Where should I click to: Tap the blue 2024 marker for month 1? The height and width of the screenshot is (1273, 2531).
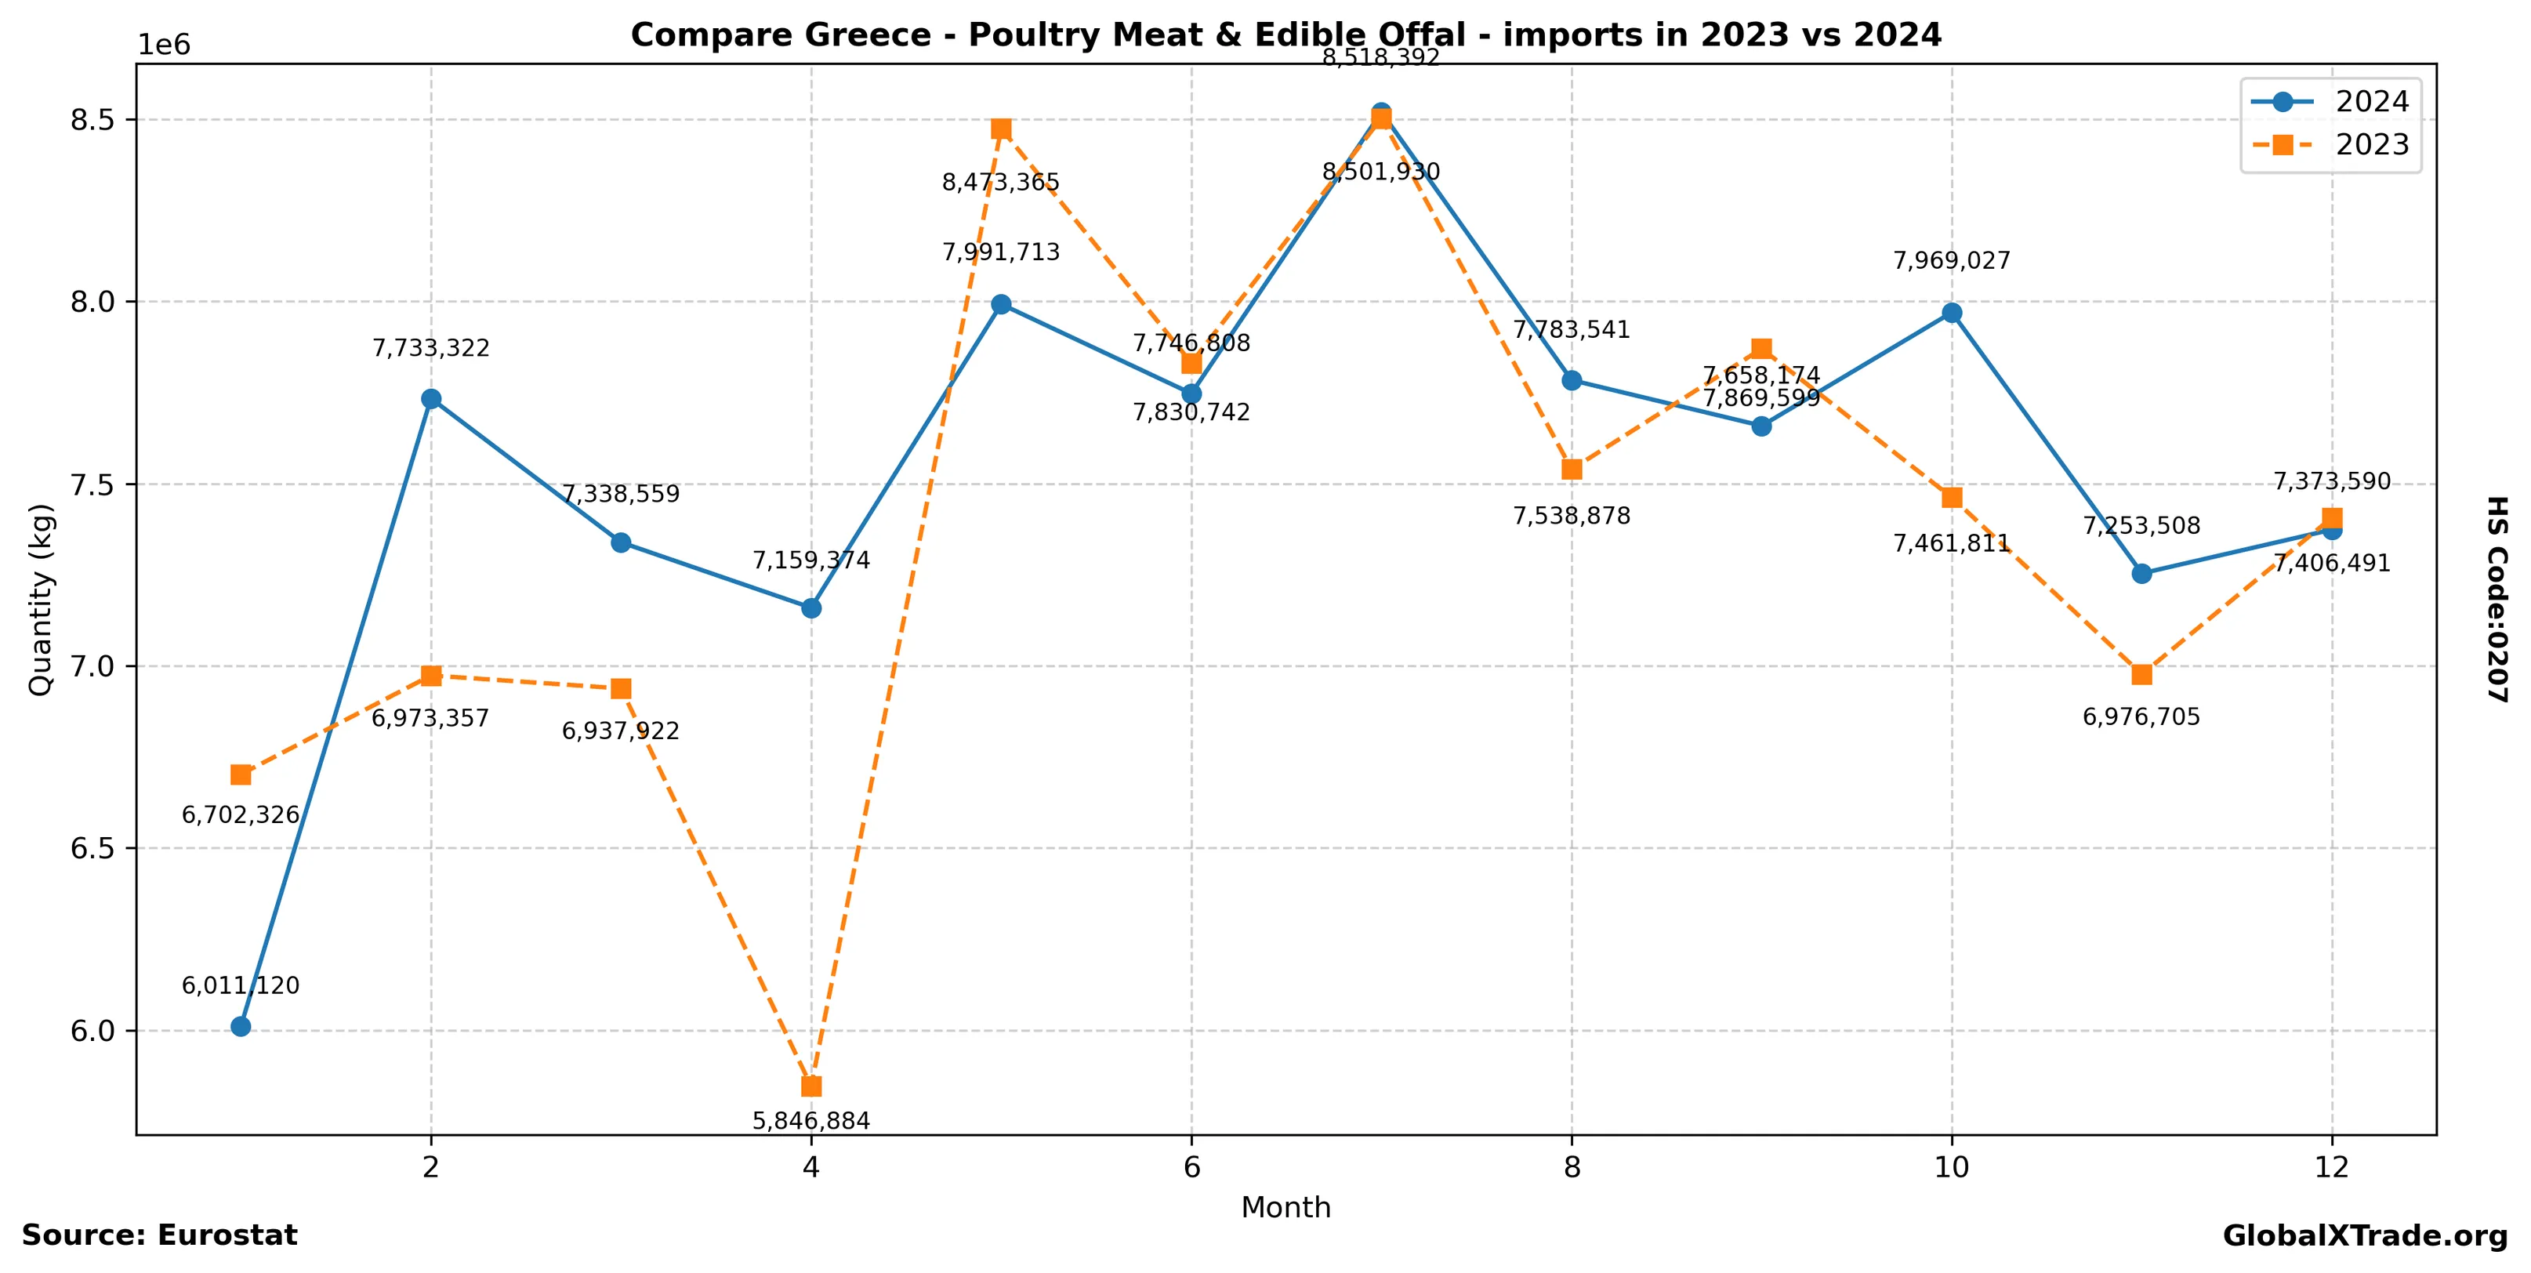pyautogui.click(x=241, y=1026)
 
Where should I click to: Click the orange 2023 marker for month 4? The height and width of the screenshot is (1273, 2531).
pyautogui.click(x=810, y=1086)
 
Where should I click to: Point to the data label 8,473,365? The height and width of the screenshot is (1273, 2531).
pyautogui.click(x=1000, y=183)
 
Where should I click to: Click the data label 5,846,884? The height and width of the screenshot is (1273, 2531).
pyautogui.click(x=810, y=1121)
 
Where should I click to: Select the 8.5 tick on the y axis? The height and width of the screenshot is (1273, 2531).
pyautogui.click(x=93, y=120)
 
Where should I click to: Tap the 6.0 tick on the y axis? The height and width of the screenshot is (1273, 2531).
pyautogui.click(x=93, y=1030)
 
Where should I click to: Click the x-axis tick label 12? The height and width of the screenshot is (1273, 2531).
pyautogui.click(x=2332, y=1168)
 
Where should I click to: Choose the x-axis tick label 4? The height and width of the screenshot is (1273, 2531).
pyautogui.click(x=810, y=1168)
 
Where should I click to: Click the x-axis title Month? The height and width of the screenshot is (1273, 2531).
pyautogui.click(x=1285, y=1207)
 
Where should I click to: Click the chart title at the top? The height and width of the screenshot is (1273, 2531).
pyautogui.click(x=1285, y=35)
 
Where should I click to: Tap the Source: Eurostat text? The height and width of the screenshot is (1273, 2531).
pyautogui.click(x=159, y=1235)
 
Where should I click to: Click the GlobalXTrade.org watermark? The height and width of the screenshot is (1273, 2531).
pyautogui.click(x=2365, y=1237)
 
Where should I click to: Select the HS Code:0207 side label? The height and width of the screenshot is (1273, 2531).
pyautogui.click(x=2497, y=599)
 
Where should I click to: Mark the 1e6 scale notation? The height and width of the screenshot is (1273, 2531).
pyautogui.click(x=163, y=45)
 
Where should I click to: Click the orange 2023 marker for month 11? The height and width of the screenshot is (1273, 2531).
pyautogui.click(x=2142, y=675)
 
